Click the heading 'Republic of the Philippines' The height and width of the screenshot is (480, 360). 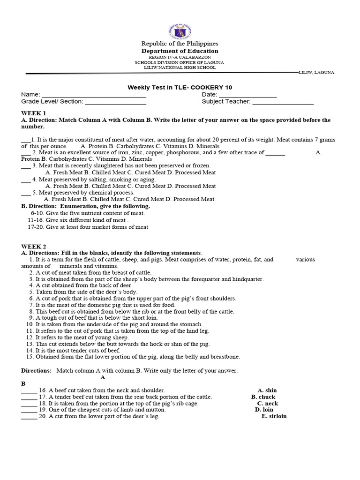pyautogui.click(x=180, y=44)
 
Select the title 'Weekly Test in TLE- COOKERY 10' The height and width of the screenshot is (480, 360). pyautogui.click(x=180, y=87)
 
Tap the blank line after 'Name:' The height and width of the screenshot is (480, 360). pyautogui.click(x=94, y=95)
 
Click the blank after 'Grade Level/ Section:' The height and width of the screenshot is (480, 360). pyautogui.click(x=115, y=102)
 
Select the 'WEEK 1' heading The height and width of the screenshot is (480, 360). pyautogui.click(x=34, y=113)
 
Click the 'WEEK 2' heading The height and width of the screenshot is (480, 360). pyautogui.click(x=34, y=246)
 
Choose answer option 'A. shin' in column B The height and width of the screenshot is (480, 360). pyautogui.click(x=267, y=390)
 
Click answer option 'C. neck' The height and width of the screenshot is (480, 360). pyautogui.click(x=267, y=403)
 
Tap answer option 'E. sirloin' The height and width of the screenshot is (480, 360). pyautogui.click(x=274, y=416)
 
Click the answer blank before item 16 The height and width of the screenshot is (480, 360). pyautogui.click(x=29, y=390)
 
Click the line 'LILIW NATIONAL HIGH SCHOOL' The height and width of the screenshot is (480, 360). pyautogui.click(x=180, y=67)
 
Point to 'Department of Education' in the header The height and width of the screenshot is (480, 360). pyautogui.click(x=180, y=51)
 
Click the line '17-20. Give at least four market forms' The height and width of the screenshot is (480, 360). pyautogui.click(x=88, y=227)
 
